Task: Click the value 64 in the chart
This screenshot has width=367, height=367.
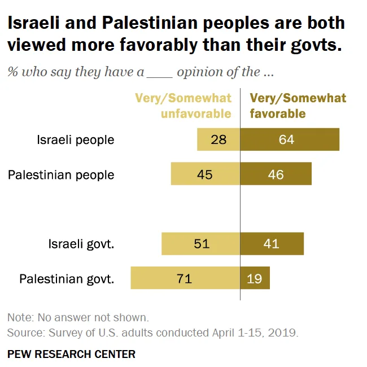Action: pos(286,139)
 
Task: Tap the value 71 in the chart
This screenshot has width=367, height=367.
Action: pos(184,278)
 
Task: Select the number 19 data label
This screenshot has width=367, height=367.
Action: pos(254,278)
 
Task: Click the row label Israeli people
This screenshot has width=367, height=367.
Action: pos(76,140)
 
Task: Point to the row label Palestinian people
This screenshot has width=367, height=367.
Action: pos(61,174)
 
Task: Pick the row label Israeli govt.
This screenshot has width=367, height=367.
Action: pos(81,244)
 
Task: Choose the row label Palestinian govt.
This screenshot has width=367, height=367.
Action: pos(67,279)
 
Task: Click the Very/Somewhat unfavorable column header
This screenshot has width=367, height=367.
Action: pos(183,106)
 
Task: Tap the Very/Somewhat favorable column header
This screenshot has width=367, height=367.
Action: pos(298,106)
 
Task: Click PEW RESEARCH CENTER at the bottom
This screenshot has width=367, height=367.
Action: pos(71,354)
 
